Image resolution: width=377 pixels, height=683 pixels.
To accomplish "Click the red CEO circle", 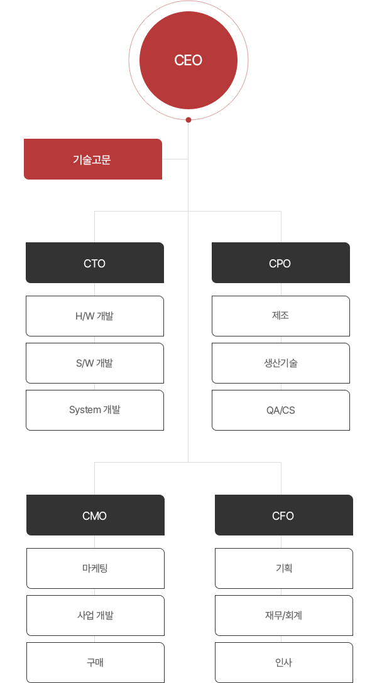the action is click(x=188, y=60).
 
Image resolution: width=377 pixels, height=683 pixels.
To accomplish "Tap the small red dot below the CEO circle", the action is click(x=188, y=120).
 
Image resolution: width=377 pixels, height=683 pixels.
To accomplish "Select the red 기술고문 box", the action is click(x=93, y=159).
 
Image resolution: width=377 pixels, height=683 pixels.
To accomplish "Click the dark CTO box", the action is click(x=95, y=262).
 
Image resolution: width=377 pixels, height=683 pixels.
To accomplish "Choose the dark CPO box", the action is click(x=281, y=262).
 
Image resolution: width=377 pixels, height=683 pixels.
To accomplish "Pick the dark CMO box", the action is click(x=96, y=515).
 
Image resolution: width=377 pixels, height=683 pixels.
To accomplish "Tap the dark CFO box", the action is click(x=284, y=515).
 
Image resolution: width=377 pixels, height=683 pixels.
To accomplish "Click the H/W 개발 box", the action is click(x=95, y=316).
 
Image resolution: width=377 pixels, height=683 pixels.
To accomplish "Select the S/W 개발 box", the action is click(x=95, y=363).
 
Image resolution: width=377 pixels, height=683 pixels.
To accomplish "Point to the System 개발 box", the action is click(x=95, y=411).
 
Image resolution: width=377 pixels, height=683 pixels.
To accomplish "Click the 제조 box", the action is click(x=281, y=316).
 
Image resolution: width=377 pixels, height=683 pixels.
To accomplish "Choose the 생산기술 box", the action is click(x=281, y=363).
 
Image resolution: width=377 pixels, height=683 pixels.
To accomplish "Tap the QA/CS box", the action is click(x=281, y=411).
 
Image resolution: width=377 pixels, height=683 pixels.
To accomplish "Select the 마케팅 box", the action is click(x=96, y=569).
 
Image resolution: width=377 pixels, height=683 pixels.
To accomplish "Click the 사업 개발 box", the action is click(x=96, y=615).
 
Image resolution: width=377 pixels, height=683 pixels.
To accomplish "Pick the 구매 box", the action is click(x=96, y=662).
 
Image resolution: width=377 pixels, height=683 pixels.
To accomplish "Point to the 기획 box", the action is click(x=284, y=569).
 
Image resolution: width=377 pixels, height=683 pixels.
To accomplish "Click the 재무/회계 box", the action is click(x=284, y=615).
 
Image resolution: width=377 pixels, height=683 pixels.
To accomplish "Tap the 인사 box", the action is click(x=284, y=662).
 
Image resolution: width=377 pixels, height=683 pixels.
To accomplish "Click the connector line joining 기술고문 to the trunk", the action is click(x=175, y=159).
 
